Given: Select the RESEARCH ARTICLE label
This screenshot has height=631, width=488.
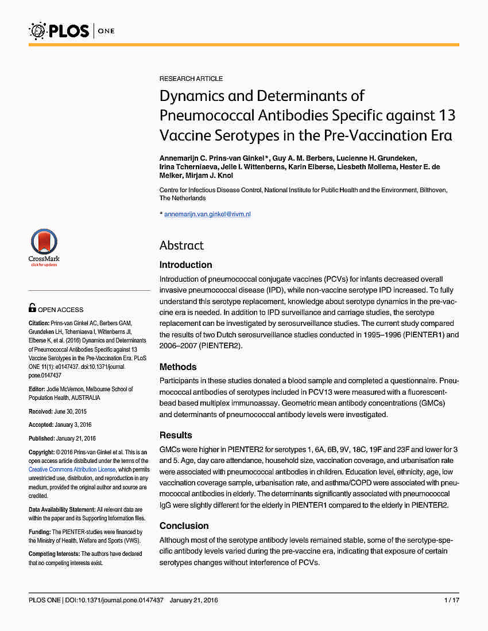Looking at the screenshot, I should pos(191,79).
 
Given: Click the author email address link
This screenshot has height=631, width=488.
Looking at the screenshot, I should pos(207,214).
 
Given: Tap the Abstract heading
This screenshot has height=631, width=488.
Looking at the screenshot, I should pos(181,246).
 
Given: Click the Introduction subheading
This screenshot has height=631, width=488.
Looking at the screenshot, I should pos(185,265).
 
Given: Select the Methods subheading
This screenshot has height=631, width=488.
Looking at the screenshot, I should pos(178,367).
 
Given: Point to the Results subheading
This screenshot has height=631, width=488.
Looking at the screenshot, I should pos(176,435).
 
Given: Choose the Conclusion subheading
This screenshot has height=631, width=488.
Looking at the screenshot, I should pos(184,526).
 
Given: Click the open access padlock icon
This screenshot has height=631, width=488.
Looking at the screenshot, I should pos(32,308).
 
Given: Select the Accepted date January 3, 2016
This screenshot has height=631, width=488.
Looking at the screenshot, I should pos(76,425).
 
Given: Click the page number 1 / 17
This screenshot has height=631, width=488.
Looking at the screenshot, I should pos(452,601).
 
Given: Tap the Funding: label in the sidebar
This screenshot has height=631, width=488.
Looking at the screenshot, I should pos(40,532).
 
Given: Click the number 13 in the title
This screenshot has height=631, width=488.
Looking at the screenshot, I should pos(446,115).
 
